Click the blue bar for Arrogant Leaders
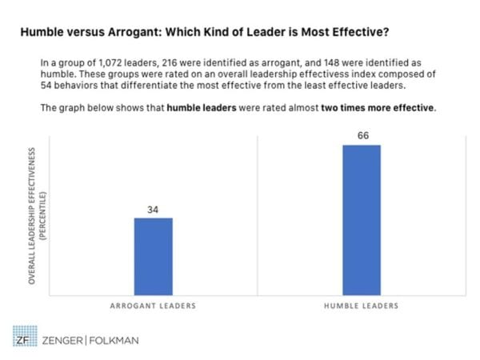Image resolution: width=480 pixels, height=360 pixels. (x=153, y=255)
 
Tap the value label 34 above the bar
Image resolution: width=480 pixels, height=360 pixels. (x=153, y=210)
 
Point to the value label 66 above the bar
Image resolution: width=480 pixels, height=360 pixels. (x=362, y=137)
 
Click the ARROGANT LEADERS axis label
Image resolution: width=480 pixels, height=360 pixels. (x=153, y=306)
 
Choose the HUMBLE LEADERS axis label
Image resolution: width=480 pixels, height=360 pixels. (x=362, y=306)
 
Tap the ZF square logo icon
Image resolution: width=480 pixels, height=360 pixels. (x=22, y=340)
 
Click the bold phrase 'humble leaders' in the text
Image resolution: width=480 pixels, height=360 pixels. (x=201, y=109)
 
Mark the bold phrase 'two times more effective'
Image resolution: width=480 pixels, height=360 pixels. (x=378, y=109)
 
